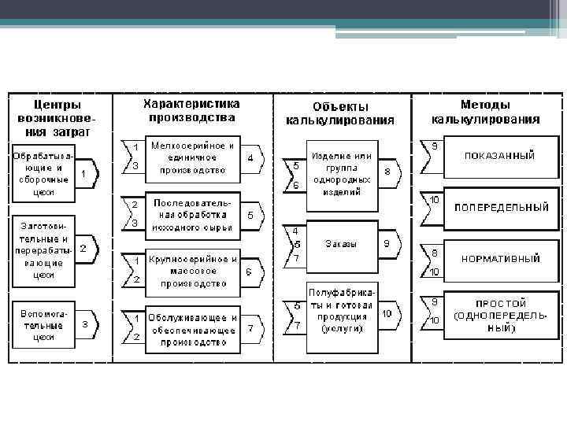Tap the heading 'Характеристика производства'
[191, 111]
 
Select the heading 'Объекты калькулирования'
[339, 113]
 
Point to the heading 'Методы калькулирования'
[485, 112]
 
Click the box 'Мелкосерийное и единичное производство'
[192, 157]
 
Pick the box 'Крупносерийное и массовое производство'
[192, 270]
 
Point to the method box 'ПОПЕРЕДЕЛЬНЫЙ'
[501, 208]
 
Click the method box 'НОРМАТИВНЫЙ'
[501, 257]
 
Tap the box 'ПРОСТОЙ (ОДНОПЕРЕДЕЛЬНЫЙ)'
[501, 315]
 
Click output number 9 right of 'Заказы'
[387, 244]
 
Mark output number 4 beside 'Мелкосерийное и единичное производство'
[250, 157]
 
